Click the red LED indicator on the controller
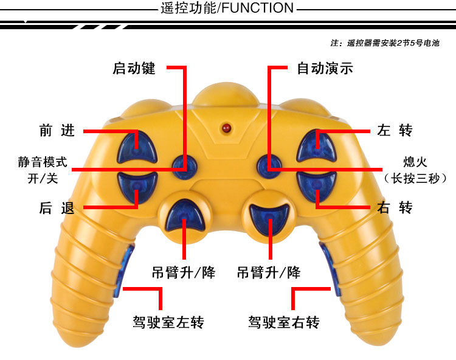[x=226, y=128]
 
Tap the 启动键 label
[x=134, y=69]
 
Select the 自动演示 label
[x=325, y=69]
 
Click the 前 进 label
[x=57, y=130]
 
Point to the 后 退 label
[x=57, y=207]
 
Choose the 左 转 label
[x=395, y=130]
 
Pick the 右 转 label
[x=395, y=207]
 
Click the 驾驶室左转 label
[x=168, y=322]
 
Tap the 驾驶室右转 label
[x=284, y=322]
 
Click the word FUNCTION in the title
[x=258, y=8]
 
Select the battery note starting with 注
[x=385, y=43]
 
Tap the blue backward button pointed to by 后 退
[x=137, y=187]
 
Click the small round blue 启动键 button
[x=184, y=167]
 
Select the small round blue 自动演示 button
[x=269, y=167]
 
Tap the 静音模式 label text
[x=43, y=162]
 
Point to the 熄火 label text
[x=415, y=162]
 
